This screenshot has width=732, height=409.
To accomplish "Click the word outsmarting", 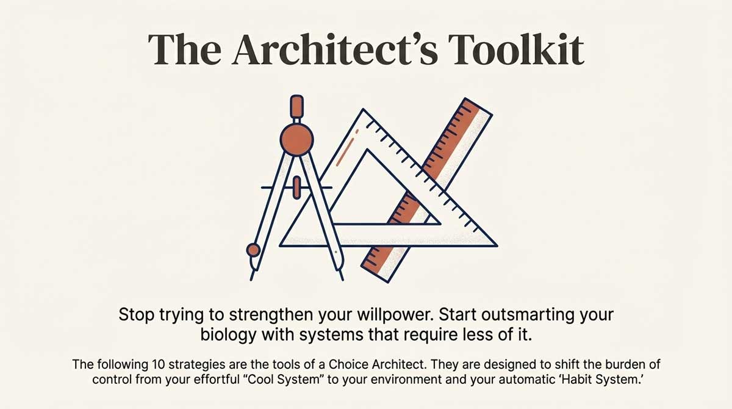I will [x=522, y=316].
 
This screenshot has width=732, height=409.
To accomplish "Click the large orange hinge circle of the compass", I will [x=295, y=138].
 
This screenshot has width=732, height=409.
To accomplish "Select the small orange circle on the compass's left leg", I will [x=253, y=250].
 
